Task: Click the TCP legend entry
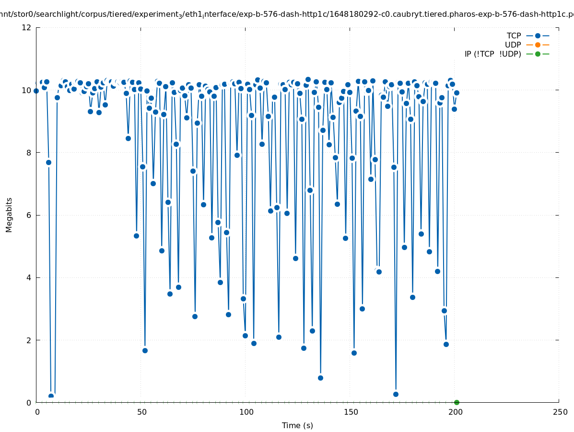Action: point(513,36)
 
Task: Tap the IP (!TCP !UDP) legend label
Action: point(492,54)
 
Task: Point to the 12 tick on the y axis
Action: point(27,27)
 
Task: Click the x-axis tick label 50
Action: point(141,412)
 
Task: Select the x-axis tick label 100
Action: point(246,412)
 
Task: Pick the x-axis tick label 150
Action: point(350,412)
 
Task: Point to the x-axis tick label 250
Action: point(559,412)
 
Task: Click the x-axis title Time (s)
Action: point(297,425)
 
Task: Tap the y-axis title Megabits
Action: point(9,215)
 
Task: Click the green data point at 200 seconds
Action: point(457,402)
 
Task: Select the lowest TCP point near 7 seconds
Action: point(51,396)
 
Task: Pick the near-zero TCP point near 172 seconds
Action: point(396,394)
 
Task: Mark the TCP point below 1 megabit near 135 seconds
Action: point(320,378)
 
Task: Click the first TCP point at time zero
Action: point(36,91)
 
